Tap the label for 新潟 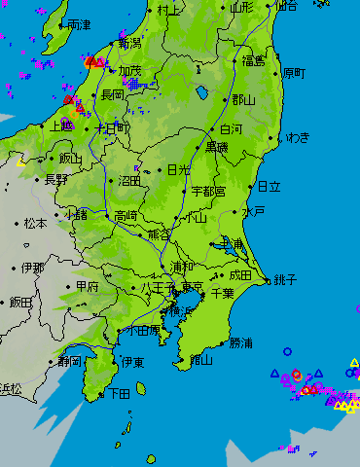129,43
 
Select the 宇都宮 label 208,191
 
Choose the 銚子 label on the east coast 285,278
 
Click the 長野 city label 56,179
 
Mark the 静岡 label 69,361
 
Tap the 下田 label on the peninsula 119,394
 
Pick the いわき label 296,137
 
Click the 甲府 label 87,287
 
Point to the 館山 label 201,359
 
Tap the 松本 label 36,223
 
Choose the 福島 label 254,60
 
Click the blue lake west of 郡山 201,93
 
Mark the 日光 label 179,169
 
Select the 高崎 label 126,215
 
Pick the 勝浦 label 240,342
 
